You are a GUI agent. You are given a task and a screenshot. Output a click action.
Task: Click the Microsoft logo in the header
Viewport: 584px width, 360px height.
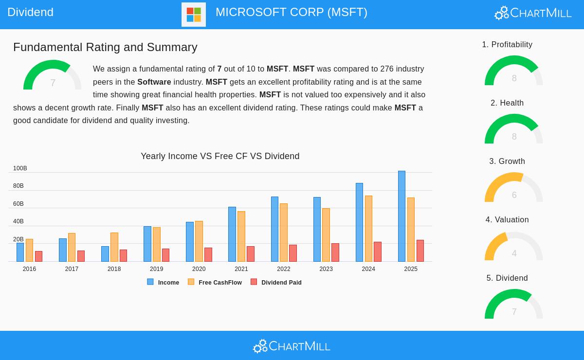pyautogui.click(x=194, y=15)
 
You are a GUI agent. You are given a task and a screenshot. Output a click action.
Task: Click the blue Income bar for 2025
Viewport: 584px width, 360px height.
pyautogui.click(x=401, y=216)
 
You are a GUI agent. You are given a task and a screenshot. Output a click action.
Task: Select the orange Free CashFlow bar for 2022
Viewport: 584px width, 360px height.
pyautogui.click(x=284, y=233)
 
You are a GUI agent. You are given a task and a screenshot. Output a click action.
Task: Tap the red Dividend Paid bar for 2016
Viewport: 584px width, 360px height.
pyautogui.click(x=38, y=256)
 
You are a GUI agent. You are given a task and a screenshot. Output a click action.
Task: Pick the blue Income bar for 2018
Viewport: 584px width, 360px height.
pyautogui.click(x=105, y=254)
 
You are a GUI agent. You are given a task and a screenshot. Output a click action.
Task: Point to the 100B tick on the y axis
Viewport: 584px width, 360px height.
pyautogui.click(x=20, y=168)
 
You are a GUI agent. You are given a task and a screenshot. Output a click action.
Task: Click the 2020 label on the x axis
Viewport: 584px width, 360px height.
pyautogui.click(x=199, y=269)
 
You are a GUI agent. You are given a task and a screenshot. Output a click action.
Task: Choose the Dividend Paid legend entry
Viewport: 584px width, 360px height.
pyautogui.click(x=276, y=282)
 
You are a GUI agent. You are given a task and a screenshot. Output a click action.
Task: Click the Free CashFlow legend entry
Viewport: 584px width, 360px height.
pyautogui.click(x=215, y=282)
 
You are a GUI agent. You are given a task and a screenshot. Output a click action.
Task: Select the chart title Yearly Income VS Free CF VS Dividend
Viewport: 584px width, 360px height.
pyautogui.click(x=220, y=156)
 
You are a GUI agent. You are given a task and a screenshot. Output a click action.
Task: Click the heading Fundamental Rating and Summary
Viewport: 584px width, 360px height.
pyautogui.click(x=105, y=47)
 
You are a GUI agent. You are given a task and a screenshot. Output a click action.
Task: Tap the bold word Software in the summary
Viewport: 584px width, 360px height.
pyautogui.click(x=154, y=82)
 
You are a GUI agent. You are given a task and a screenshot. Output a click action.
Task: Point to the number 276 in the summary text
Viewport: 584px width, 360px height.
pyautogui.click(x=387, y=69)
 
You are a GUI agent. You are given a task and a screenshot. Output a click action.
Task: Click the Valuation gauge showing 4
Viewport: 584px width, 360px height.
pyautogui.click(x=513, y=247)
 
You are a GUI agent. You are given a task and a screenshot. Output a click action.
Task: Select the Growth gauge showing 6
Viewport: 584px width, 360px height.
pyautogui.click(x=513, y=188)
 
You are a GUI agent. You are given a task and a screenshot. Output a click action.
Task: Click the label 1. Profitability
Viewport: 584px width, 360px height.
pyautogui.click(x=507, y=45)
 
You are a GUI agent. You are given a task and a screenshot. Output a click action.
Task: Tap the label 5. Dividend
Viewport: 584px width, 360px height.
pyautogui.click(x=507, y=278)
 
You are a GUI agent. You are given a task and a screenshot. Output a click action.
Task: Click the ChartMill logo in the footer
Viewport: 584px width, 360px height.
pyautogui.click(x=292, y=346)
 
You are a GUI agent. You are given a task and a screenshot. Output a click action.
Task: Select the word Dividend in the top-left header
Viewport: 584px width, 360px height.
pyautogui.click(x=31, y=12)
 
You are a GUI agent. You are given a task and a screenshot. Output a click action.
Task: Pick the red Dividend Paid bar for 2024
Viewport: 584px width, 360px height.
pyautogui.click(x=378, y=252)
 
